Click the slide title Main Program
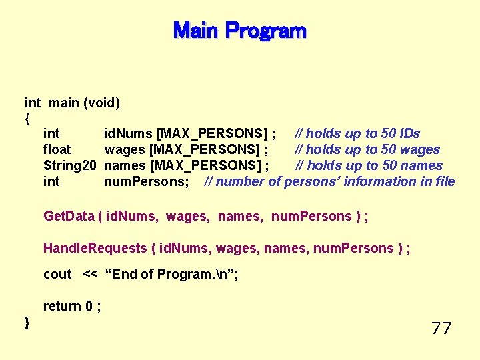point(239,31)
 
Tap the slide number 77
point(441,328)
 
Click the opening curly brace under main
point(27,119)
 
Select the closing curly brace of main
point(27,323)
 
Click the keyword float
point(57,149)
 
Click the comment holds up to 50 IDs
point(358,133)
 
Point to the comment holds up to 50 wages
point(367,149)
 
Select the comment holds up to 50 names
point(369,165)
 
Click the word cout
point(57,274)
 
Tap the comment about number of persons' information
point(330,181)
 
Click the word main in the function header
point(64,103)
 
